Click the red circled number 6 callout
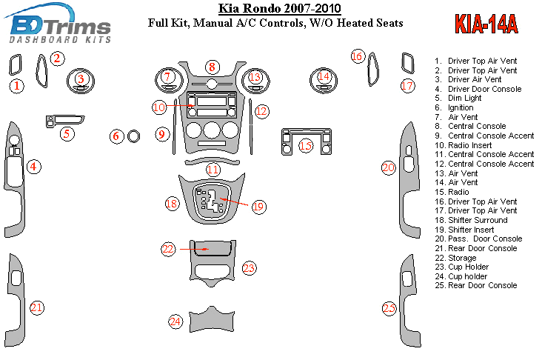click(116, 136)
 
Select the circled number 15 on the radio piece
click(305, 146)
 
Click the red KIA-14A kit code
click(486, 24)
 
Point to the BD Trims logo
click(58, 24)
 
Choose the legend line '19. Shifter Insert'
click(464, 230)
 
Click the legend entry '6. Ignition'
click(454, 107)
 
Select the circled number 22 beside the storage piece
click(168, 249)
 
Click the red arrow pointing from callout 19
click(234, 202)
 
